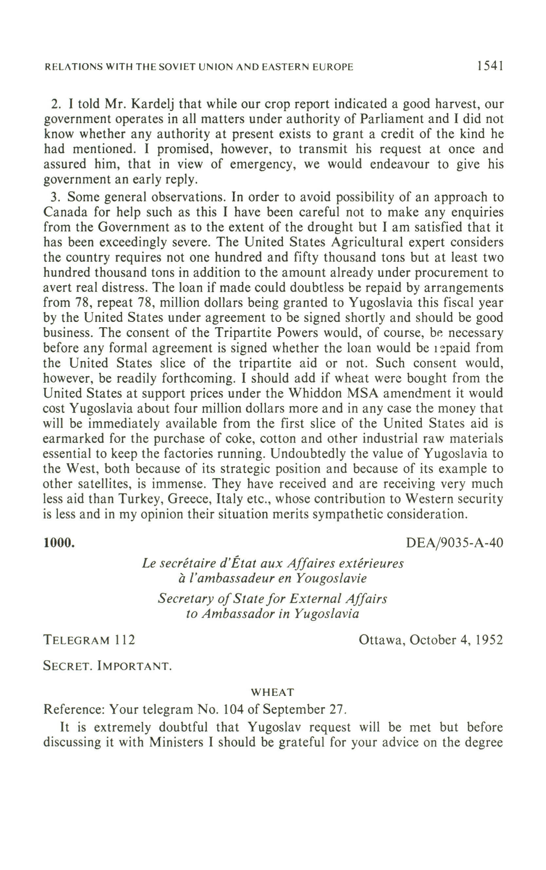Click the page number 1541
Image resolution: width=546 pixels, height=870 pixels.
(x=490, y=66)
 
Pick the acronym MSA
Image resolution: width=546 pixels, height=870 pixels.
(x=363, y=393)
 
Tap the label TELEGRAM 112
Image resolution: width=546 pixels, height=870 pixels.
(x=89, y=640)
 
